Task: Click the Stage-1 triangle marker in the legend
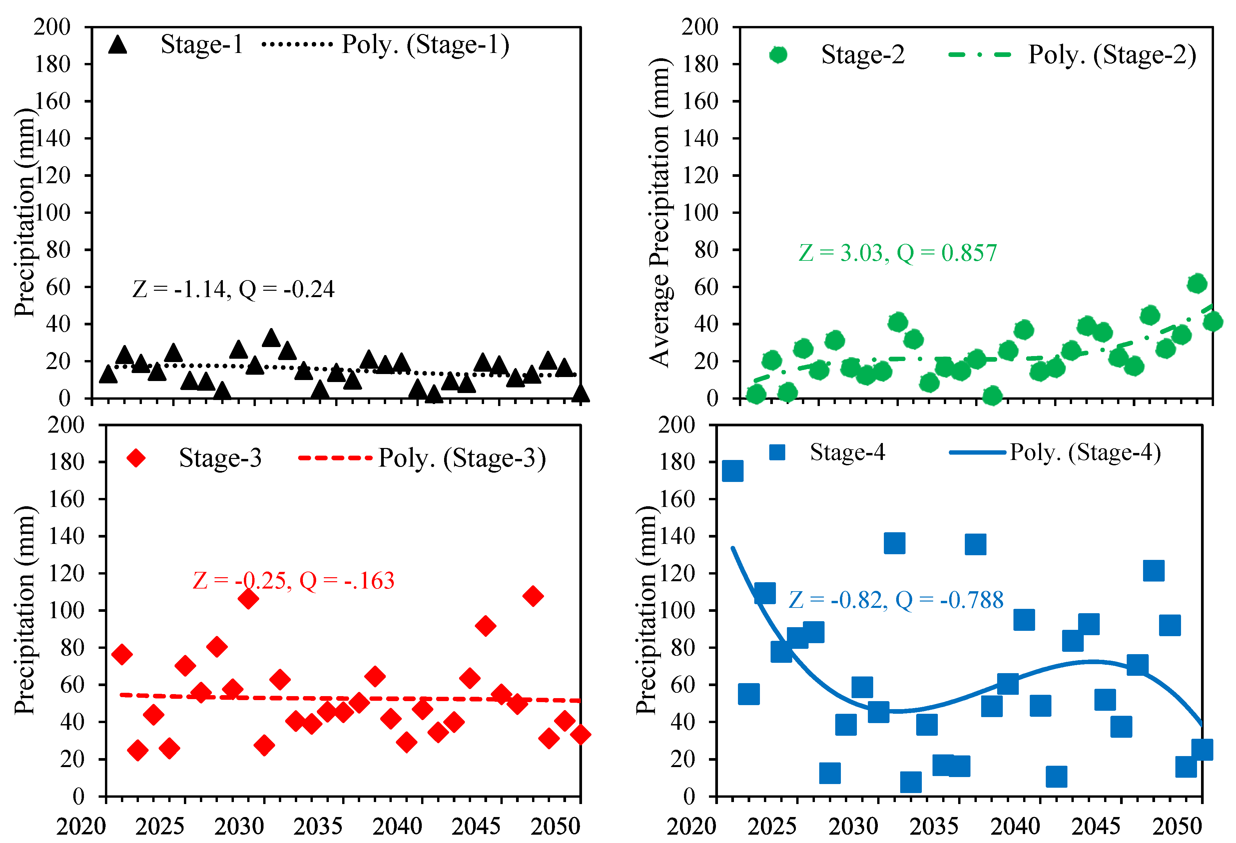coord(118,45)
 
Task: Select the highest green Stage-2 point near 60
coord(1197,283)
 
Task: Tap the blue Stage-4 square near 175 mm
coord(732,471)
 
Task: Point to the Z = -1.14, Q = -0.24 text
coord(234,289)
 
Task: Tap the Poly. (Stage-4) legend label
coord(1085,453)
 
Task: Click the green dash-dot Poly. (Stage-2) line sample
coord(980,54)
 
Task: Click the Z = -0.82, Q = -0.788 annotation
coord(896,600)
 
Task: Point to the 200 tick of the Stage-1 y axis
coord(52,27)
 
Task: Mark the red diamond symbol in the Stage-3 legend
coord(136,458)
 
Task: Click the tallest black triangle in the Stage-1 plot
coord(271,337)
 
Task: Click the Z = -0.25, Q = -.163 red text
coord(294,581)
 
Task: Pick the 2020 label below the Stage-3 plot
coord(81,826)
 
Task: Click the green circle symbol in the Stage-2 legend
coord(778,55)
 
